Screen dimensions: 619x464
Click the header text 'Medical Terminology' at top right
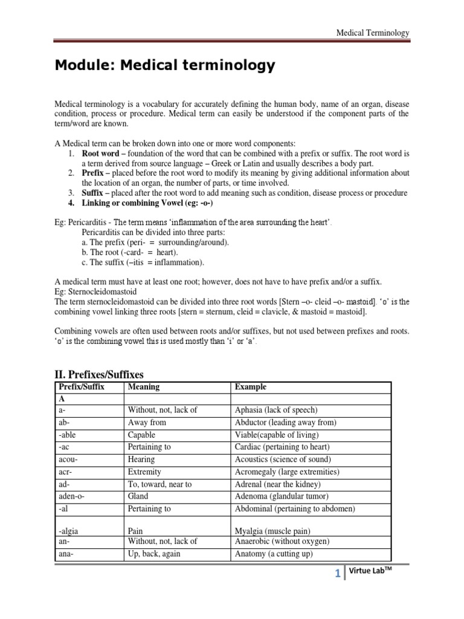pyautogui.click(x=373, y=33)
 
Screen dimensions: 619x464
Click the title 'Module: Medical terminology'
pyautogui.click(x=165, y=65)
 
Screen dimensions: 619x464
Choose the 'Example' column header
pyautogui.click(x=250, y=387)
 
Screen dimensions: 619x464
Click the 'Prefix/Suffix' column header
pyautogui.click(x=81, y=387)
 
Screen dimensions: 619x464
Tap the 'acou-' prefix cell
pyautogui.click(x=68, y=459)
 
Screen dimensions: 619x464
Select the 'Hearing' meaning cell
pyautogui.click(x=141, y=459)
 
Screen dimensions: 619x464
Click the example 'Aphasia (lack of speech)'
pyautogui.click(x=275, y=410)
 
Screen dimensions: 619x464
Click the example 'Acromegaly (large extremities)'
pyautogui.click(x=287, y=472)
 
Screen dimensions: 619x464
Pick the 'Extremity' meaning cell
pyautogui.click(x=144, y=472)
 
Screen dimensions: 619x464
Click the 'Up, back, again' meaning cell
pyautogui.click(x=154, y=554)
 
